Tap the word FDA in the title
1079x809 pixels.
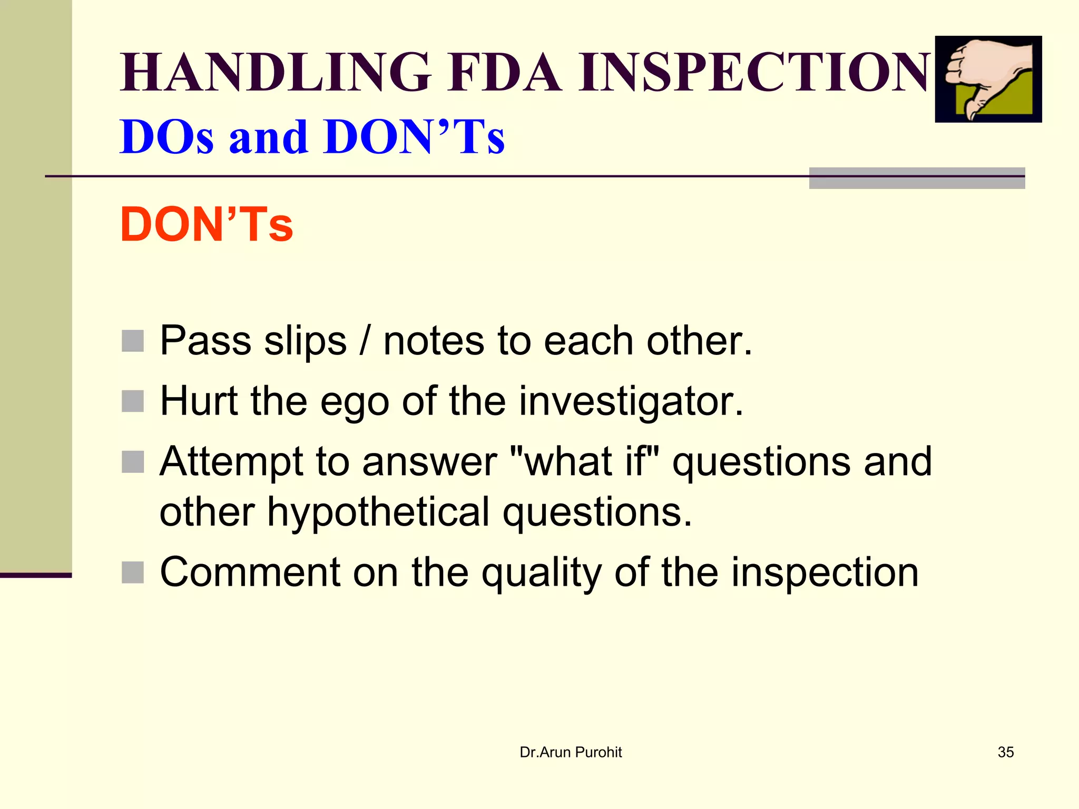click(505, 72)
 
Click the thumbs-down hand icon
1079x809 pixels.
click(988, 79)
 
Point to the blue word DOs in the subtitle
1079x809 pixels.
click(166, 137)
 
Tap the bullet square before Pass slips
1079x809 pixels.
click(133, 341)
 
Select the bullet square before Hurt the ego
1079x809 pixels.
click(133, 401)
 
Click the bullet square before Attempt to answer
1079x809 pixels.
click(133, 462)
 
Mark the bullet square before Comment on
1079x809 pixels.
click(133, 573)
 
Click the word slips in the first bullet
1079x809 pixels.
click(305, 341)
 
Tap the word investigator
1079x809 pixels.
click(631, 401)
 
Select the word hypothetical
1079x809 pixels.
click(378, 512)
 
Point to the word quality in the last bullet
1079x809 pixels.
click(542, 574)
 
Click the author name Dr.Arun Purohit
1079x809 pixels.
click(571, 752)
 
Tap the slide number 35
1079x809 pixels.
click(1005, 752)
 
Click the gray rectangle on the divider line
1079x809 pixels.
click(917, 178)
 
